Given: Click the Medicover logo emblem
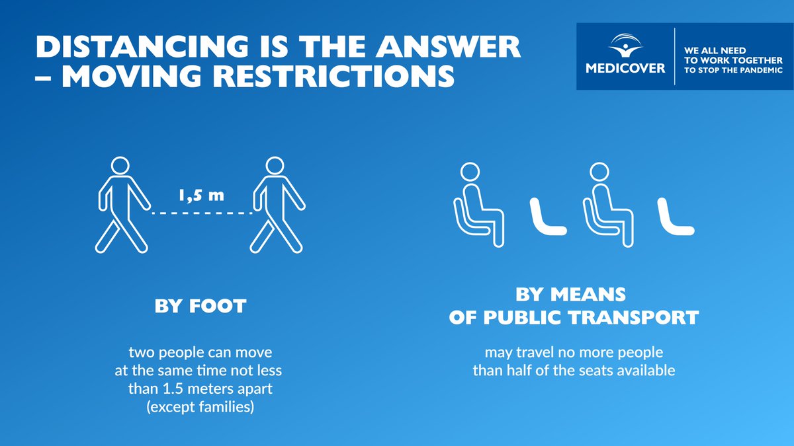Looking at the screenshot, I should click(x=625, y=46).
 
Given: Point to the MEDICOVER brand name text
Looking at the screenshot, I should click(x=625, y=67).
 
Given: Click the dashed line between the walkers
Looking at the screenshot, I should click(x=202, y=213).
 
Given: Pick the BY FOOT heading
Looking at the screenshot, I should click(x=200, y=307).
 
